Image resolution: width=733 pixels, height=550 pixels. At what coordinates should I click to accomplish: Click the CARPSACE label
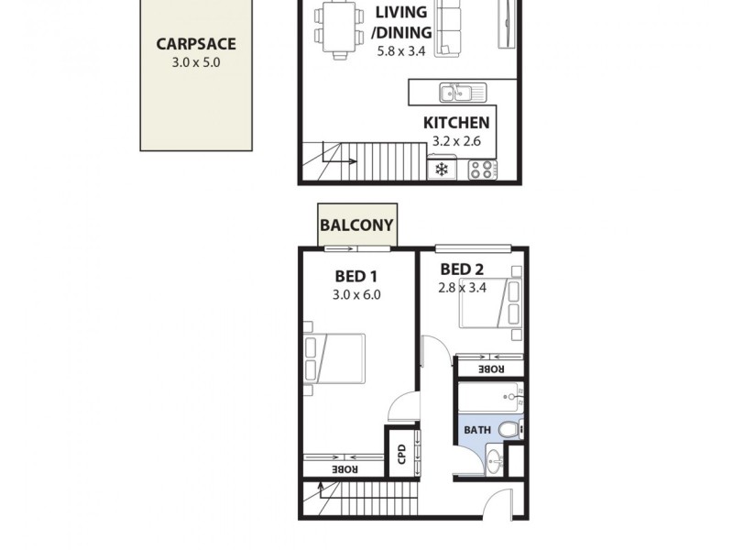pos(196,43)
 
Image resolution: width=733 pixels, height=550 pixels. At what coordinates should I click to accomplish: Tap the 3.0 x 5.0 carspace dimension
pos(196,63)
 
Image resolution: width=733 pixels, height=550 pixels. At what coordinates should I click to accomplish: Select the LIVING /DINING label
pos(401,23)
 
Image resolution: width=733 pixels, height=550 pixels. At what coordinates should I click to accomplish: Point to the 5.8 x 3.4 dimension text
pos(401,51)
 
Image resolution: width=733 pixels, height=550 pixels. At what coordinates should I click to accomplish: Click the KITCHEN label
pos(455,123)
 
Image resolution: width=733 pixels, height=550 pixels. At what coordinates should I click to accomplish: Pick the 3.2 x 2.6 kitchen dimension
pos(455,142)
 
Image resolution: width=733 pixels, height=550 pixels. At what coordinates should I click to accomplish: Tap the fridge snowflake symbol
pos(442,170)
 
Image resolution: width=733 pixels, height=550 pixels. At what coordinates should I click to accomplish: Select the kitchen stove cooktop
pos(483,170)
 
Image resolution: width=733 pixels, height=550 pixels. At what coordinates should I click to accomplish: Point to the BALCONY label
pos(356,225)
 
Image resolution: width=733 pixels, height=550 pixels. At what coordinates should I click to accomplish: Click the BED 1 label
pos(356,276)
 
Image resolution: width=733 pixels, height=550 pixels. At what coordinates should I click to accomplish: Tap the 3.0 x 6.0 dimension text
pos(356,295)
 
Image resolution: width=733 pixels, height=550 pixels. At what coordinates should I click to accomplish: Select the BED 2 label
pos(462,269)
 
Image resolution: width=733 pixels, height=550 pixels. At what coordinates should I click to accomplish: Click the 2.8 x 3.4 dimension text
pos(462,288)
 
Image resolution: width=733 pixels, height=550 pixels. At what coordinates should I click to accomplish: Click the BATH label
pos(476,430)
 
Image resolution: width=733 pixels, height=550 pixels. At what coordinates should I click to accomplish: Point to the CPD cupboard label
pos(401,454)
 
